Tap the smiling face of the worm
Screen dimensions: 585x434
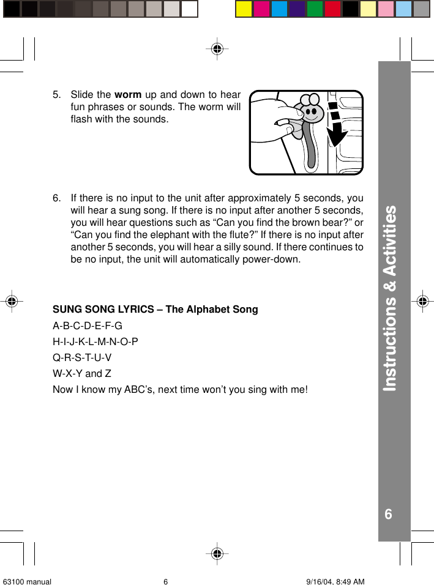point(313,113)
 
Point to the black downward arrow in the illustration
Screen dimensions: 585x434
point(336,126)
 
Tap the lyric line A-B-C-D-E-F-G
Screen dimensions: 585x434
point(88,326)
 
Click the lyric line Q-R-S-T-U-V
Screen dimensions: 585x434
point(82,358)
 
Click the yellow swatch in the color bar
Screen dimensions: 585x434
point(244,9)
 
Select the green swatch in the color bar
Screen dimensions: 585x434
point(315,9)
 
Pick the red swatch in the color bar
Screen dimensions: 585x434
point(332,9)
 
